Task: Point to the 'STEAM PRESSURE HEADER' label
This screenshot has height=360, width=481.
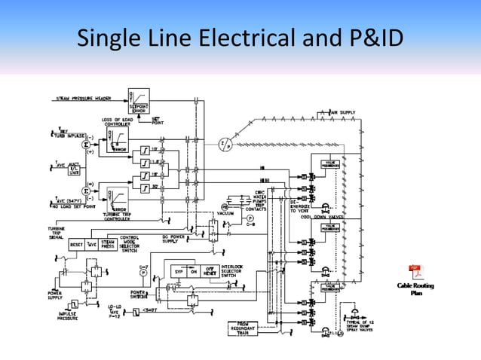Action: (x=83, y=99)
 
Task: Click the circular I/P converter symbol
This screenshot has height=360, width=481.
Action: (x=224, y=144)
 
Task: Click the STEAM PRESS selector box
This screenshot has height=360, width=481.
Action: (x=107, y=245)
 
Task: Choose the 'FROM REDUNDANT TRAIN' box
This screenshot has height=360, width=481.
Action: (x=242, y=328)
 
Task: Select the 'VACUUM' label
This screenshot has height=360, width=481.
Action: (x=224, y=213)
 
